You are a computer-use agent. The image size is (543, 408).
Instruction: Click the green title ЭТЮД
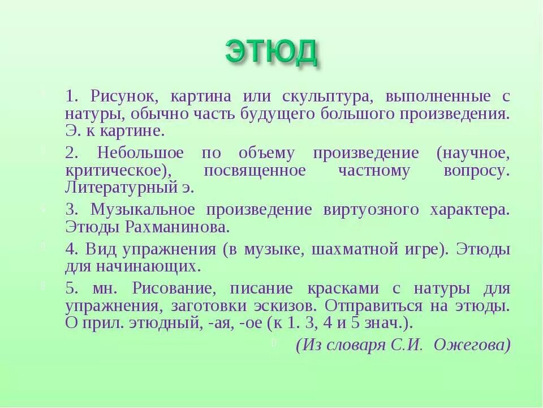(x=271, y=53)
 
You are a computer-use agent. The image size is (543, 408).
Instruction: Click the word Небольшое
(x=140, y=153)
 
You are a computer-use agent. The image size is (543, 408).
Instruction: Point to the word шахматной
(x=346, y=249)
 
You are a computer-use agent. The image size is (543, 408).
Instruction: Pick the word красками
(x=343, y=288)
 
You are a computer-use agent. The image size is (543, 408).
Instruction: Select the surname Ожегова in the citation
(x=472, y=345)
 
